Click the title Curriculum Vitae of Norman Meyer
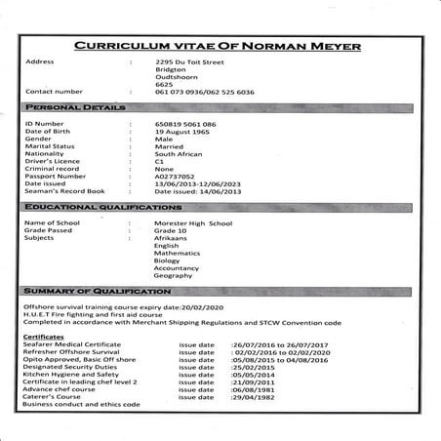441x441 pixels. click(220, 45)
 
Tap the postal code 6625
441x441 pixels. click(164, 85)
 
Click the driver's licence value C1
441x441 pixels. click(161, 157)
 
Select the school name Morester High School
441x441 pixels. click(194, 223)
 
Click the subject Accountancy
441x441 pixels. click(179, 268)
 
